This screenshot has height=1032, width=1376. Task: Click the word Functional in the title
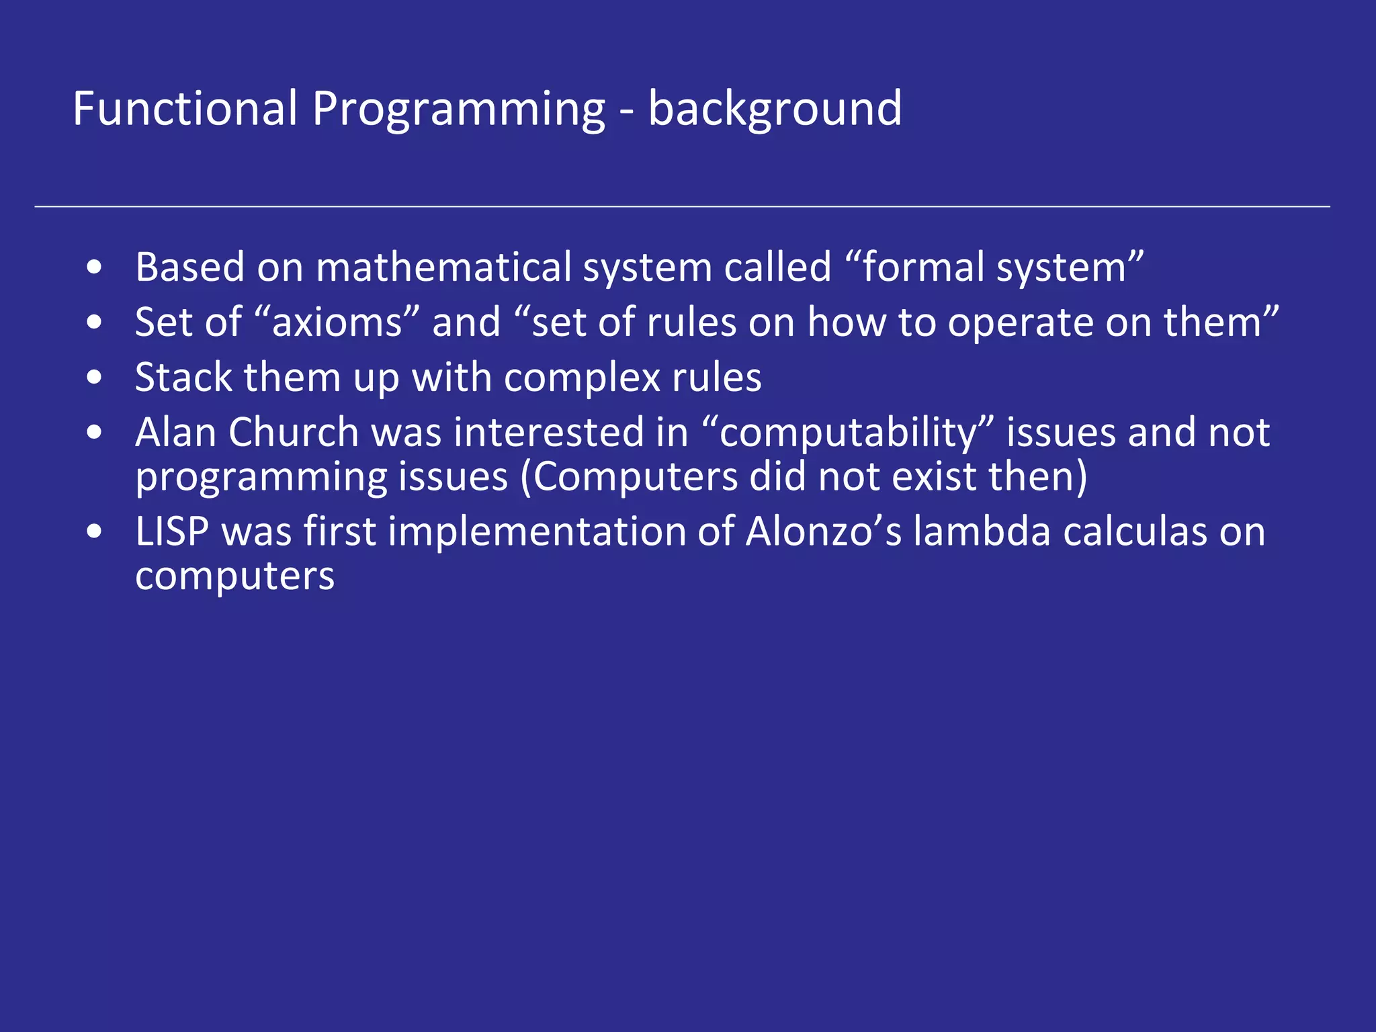click(x=185, y=109)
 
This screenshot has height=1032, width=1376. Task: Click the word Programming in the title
click(x=458, y=109)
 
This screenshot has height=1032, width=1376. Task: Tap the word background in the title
click(x=775, y=109)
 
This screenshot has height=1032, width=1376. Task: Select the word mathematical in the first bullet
click(x=443, y=267)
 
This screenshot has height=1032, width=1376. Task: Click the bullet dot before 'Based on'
click(x=95, y=267)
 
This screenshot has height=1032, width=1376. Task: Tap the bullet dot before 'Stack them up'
click(x=95, y=378)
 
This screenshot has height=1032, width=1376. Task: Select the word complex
click(x=583, y=378)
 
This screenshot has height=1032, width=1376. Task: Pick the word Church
click(x=294, y=432)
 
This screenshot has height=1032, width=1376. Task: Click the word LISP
click(x=172, y=531)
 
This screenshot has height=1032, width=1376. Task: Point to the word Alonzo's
click(x=824, y=531)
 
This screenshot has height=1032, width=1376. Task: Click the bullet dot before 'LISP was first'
click(x=95, y=531)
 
